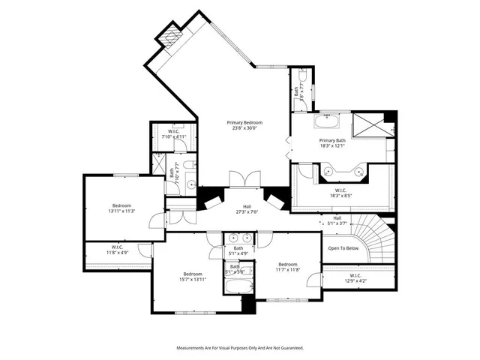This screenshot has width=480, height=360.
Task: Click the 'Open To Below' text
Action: pyautogui.click(x=343, y=248)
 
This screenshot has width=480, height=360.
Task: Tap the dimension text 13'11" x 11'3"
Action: pyautogui.click(x=122, y=211)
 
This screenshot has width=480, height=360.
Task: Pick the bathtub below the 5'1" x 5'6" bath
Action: pyautogui.click(x=239, y=285)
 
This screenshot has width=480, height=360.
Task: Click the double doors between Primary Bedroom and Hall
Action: pyautogui.click(x=245, y=178)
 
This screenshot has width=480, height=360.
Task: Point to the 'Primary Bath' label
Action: pyautogui.click(x=332, y=140)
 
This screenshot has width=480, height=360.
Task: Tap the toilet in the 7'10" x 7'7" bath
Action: pyautogui.click(x=190, y=164)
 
